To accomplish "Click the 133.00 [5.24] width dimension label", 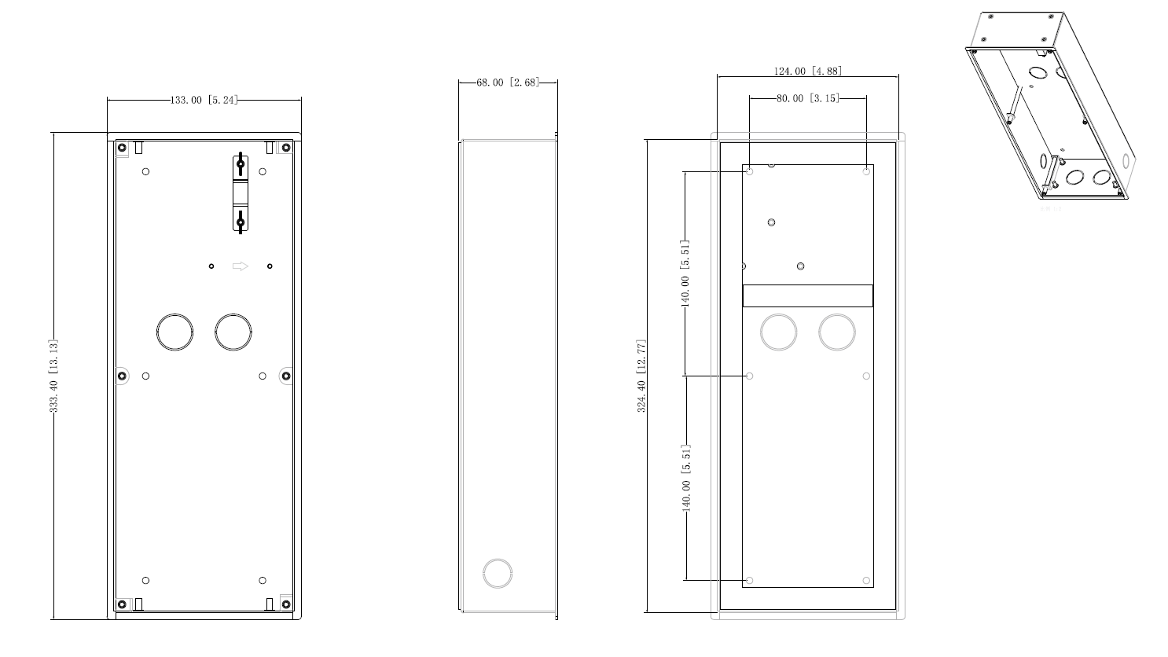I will coord(204,100).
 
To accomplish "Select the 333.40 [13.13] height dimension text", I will coord(53,376).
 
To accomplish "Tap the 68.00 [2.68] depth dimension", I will coord(508,82).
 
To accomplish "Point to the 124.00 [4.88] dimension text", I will coord(807,71).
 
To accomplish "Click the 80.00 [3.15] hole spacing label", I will coord(807,98).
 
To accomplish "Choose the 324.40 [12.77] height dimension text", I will coord(642,376).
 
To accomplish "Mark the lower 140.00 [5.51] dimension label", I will coord(685,478).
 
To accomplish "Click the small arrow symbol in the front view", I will coord(241,266).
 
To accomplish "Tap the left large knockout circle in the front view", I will coord(174,332).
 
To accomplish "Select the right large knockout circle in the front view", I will coord(233,332).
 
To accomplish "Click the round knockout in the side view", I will coord(498,573).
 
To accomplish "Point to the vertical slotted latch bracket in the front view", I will coord(241,193).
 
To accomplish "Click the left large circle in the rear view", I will coord(778,332).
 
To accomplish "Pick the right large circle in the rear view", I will coord(836,332).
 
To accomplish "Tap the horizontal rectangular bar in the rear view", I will coord(807,295).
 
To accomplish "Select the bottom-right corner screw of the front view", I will coord(286,604).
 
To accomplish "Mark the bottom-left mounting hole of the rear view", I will coord(749,581).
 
